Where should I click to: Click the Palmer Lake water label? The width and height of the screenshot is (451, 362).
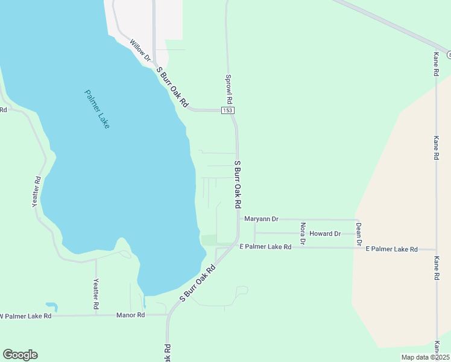[x=96, y=109]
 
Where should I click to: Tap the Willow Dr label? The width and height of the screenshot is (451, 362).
[x=140, y=50]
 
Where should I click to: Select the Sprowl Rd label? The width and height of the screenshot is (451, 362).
[x=229, y=89]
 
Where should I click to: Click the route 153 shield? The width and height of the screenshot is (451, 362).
[x=227, y=110]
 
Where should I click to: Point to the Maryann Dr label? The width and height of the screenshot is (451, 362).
[x=261, y=219]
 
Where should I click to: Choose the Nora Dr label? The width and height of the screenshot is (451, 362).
[x=303, y=233]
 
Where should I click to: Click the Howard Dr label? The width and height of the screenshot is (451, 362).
[x=325, y=233]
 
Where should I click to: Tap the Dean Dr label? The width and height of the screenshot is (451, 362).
[x=358, y=234]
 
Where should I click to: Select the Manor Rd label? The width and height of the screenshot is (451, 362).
[x=131, y=315]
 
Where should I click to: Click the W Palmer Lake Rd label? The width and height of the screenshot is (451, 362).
[x=25, y=316]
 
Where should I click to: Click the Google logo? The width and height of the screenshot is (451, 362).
[x=20, y=355]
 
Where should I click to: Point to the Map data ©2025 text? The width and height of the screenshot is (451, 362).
[x=425, y=357]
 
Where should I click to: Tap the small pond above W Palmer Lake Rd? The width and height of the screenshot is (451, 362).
[x=51, y=306]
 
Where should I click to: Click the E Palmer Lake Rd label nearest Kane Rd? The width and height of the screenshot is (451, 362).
[x=391, y=249]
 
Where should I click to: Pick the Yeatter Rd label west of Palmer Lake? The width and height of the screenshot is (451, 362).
[x=37, y=192]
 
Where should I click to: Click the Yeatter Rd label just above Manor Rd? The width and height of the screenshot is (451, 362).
[x=95, y=294]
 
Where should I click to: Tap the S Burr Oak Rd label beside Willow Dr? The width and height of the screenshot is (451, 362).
[x=173, y=87]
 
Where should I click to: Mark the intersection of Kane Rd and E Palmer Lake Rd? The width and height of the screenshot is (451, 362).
[x=436, y=249]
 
